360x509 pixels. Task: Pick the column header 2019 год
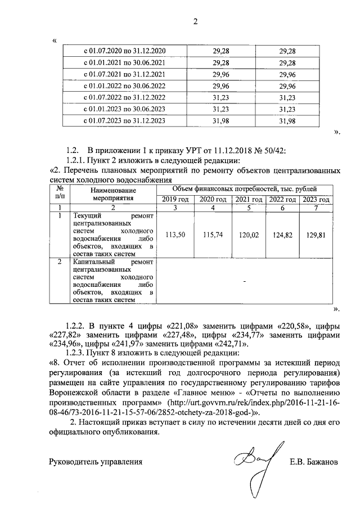tap(175, 200)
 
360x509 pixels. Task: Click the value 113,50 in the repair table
tap(175, 236)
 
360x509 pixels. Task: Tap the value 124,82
tap(283, 236)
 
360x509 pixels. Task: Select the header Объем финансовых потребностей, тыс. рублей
tap(244, 190)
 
